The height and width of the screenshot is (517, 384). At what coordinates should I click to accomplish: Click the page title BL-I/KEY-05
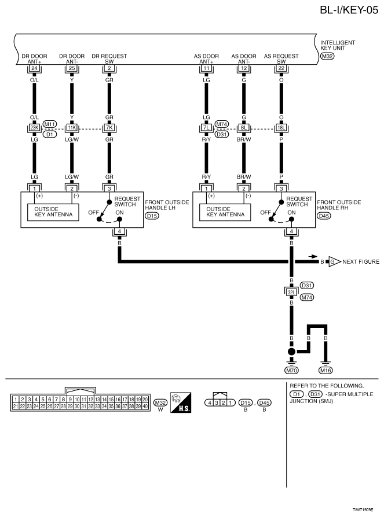click(349, 10)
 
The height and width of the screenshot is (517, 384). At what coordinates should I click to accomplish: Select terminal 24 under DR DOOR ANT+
click(34, 68)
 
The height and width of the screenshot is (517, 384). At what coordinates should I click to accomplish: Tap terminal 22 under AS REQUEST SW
click(281, 68)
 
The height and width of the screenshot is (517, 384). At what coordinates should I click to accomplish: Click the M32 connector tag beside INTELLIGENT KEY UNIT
click(327, 56)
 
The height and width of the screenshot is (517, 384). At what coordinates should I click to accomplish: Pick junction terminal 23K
click(34, 128)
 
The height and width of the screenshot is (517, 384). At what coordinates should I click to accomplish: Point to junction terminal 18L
click(281, 128)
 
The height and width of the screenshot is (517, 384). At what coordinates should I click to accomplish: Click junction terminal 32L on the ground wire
click(291, 292)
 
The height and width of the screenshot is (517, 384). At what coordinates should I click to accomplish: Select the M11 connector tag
click(50, 124)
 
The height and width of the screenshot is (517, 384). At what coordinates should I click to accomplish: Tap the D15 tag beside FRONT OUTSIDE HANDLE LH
click(152, 216)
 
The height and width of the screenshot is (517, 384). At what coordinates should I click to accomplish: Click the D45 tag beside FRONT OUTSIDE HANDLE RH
click(324, 216)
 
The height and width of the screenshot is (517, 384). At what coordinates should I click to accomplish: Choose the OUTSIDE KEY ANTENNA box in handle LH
click(53, 212)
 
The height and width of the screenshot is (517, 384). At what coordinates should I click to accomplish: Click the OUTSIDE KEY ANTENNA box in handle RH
click(225, 212)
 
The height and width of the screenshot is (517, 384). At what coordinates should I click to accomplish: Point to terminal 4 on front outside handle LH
click(119, 231)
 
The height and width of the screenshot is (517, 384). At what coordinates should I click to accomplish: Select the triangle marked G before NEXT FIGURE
click(334, 262)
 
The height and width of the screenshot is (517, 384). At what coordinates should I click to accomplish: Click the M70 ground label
click(291, 370)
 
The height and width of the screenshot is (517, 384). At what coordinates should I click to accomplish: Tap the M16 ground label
click(326, 370)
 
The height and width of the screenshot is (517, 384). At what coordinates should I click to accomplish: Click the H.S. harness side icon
click(181, 402)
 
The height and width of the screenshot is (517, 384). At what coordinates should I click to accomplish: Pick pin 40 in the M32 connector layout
click(145, 406)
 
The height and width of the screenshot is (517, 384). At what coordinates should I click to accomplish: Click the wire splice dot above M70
click(291, 352)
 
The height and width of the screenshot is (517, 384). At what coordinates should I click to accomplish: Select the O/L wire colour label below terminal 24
click(34, 80)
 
